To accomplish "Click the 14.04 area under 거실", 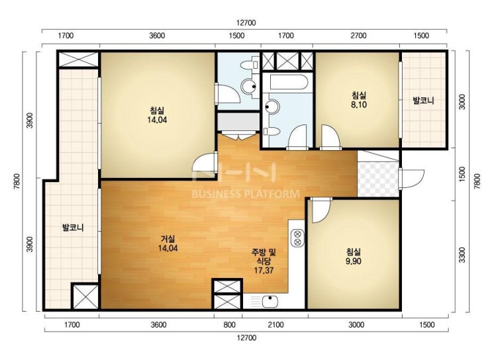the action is pos(168,248).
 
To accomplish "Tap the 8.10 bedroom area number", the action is pos(359,105).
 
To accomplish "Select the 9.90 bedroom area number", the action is pos(354,261).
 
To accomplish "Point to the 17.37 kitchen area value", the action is pos(264,270).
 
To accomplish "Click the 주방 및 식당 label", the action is pos(264,256).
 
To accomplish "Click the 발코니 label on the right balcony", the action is pos(423,101).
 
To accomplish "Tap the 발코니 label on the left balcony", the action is pos(73,228).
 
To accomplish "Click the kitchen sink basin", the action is pos(270,302).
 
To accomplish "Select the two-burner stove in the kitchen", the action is pos(297,238).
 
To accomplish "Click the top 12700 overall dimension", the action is pos(246,23).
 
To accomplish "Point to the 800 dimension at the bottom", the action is pos(229,324).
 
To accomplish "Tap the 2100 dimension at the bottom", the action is pos(275,324).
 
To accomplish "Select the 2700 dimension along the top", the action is pos(358,36).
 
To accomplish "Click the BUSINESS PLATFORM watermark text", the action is pos(246,194).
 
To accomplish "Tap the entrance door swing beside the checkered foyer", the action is pos(413,179).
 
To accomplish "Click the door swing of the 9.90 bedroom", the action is pos(320,210).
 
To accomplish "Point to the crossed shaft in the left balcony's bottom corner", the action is pos(85,296).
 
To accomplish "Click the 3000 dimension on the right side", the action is pos(462,102).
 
